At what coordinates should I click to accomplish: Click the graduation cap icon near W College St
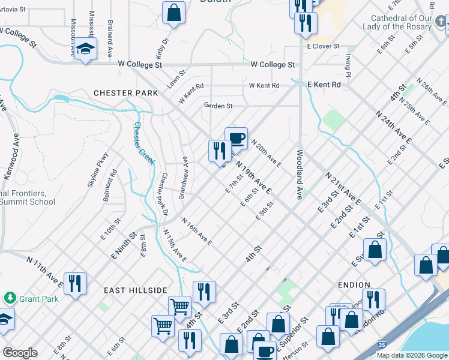[86, 49]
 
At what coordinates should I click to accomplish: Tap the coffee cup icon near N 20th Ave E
[236, 139]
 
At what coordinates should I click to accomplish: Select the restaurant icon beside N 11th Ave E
[75, 283]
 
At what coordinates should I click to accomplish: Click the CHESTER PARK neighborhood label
[125, 93]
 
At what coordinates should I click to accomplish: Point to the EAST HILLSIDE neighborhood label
[135, 290]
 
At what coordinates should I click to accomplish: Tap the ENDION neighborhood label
[354, 285]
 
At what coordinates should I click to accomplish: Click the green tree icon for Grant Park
[10, 297]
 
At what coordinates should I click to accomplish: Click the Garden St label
[218, 106]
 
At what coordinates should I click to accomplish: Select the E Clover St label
[324, 46]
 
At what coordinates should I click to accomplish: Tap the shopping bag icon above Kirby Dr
[173, 12]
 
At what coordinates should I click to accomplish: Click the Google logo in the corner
[20, 353]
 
